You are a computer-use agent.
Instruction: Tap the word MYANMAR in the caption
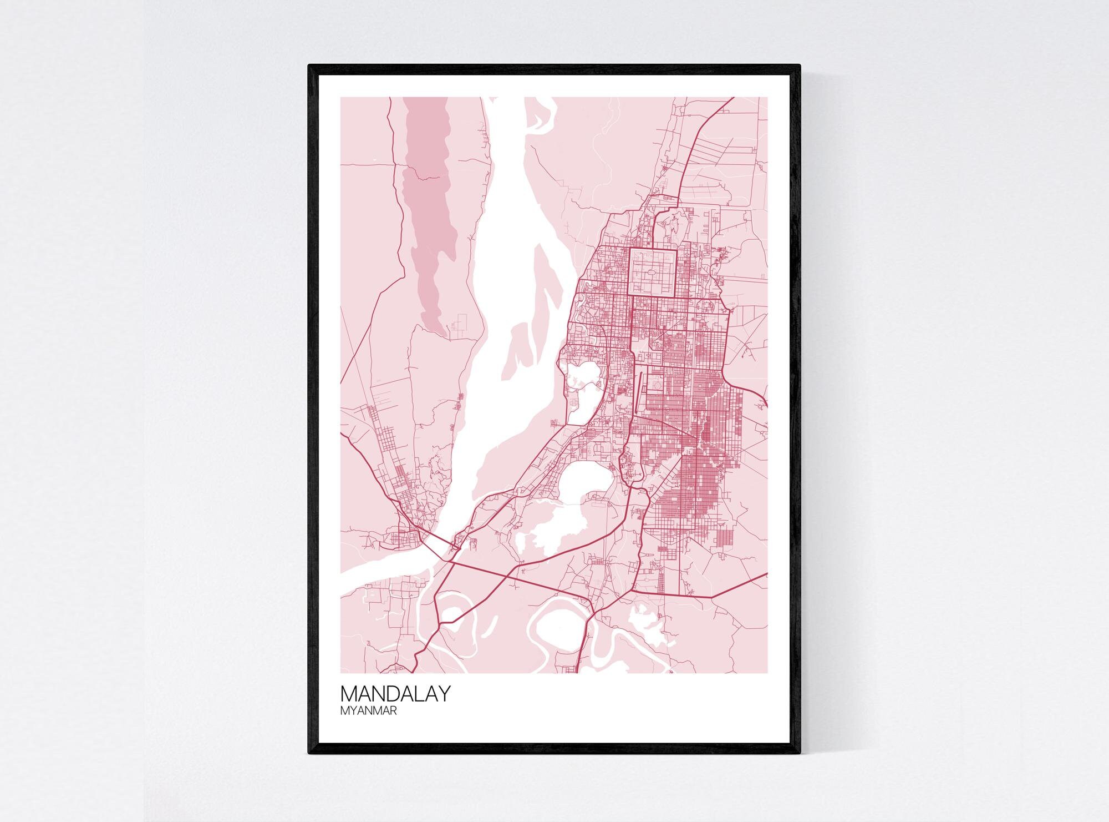click(x=369, y=710)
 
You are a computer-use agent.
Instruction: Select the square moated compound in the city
click(x=653, y=272)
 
